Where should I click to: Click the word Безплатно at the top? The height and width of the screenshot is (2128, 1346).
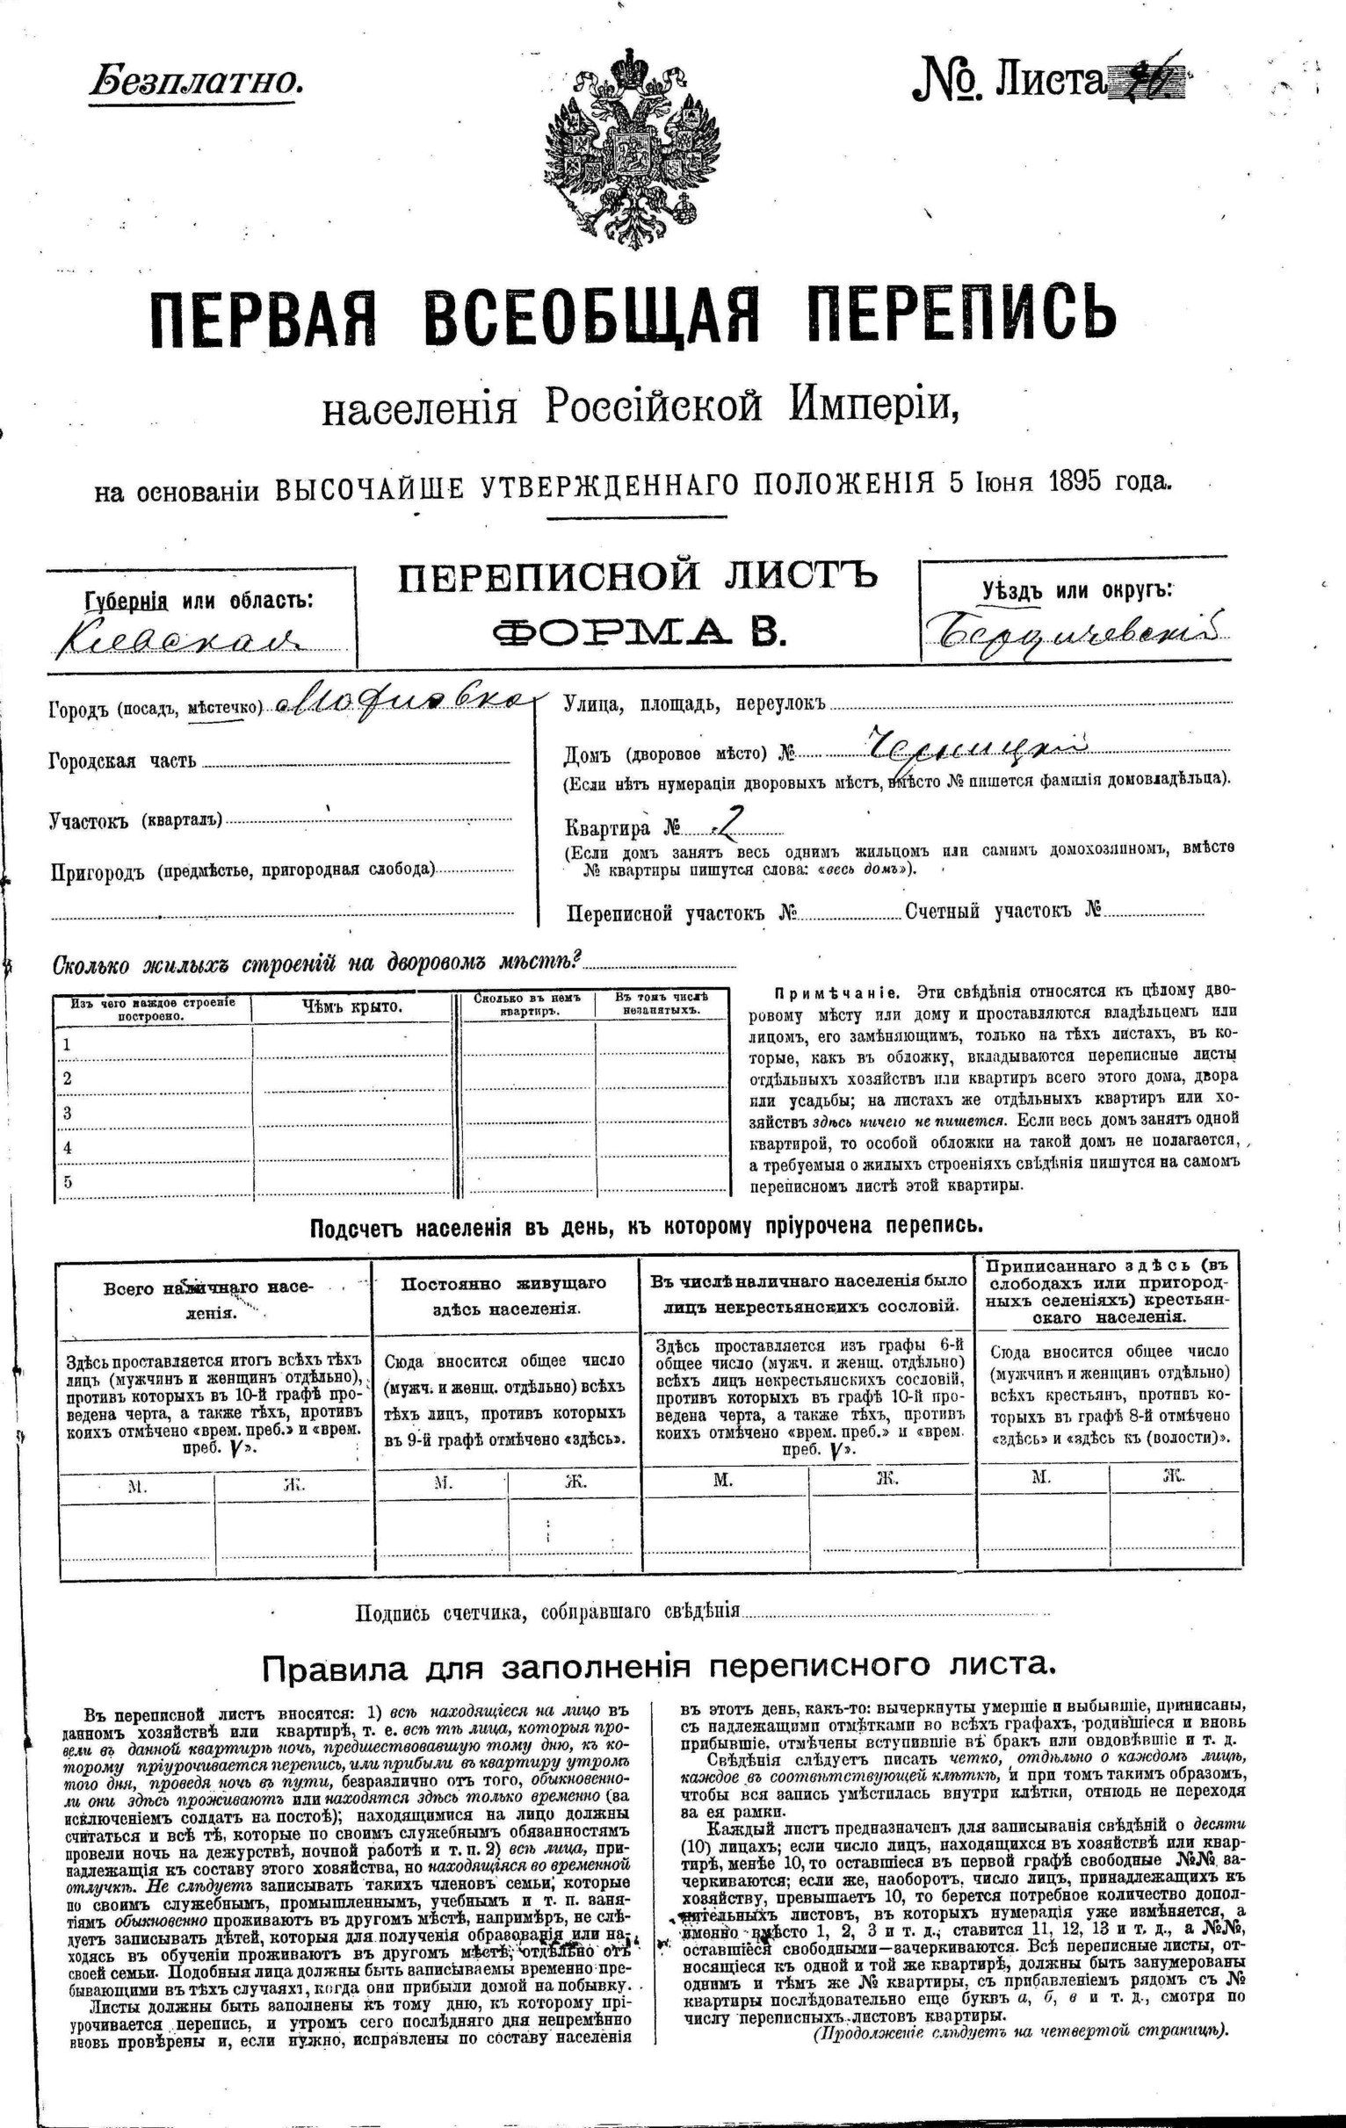196,82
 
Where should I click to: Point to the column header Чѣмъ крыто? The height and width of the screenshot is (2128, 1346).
351,1006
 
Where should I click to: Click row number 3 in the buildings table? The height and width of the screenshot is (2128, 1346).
67,1113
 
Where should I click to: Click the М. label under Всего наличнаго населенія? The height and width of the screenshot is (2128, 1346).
137,1485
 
